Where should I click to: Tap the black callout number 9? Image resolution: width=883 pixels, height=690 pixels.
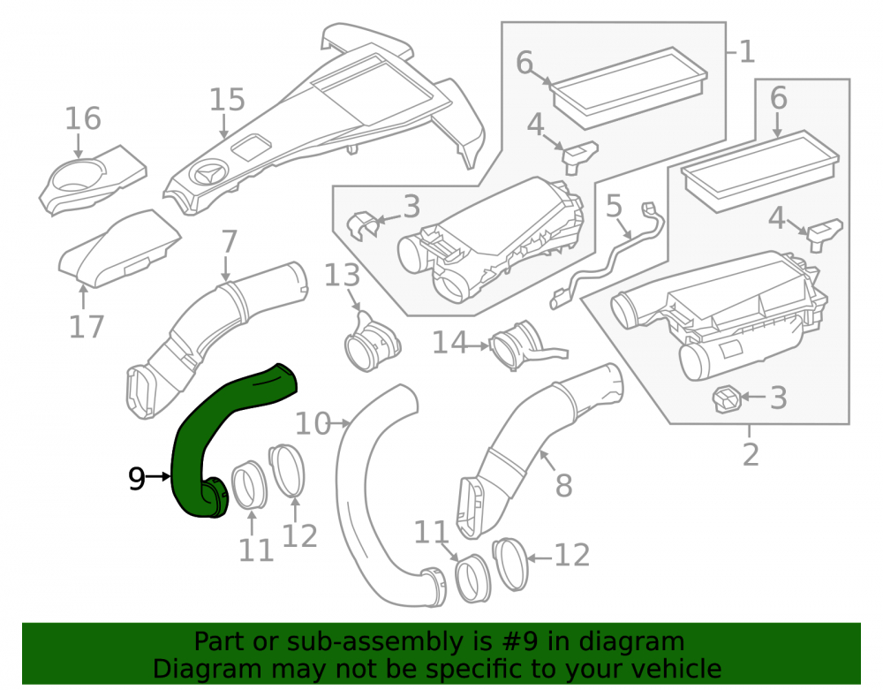click(137, 479)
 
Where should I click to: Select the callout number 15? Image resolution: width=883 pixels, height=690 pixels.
click(227, 100)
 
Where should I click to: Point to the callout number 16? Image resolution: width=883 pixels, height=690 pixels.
click(83, 119)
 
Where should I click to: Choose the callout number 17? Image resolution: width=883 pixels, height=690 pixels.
click(87, 327)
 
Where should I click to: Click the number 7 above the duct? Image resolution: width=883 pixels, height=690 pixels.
click(229, 242)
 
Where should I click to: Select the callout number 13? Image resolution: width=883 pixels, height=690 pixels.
click(343, 276)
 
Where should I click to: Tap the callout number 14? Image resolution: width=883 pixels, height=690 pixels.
click(450, 343)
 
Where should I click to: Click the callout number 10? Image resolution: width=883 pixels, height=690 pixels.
click(313, 423)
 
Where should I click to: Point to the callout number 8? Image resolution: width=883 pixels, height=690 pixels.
click(563, 486)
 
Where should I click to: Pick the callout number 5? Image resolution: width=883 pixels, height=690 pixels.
click(614, 206)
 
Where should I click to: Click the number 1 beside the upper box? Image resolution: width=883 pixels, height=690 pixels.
click(747, 52)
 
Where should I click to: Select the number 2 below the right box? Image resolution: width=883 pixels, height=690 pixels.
click(751, 454)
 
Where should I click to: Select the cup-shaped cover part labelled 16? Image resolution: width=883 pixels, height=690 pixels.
click(93, 180)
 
